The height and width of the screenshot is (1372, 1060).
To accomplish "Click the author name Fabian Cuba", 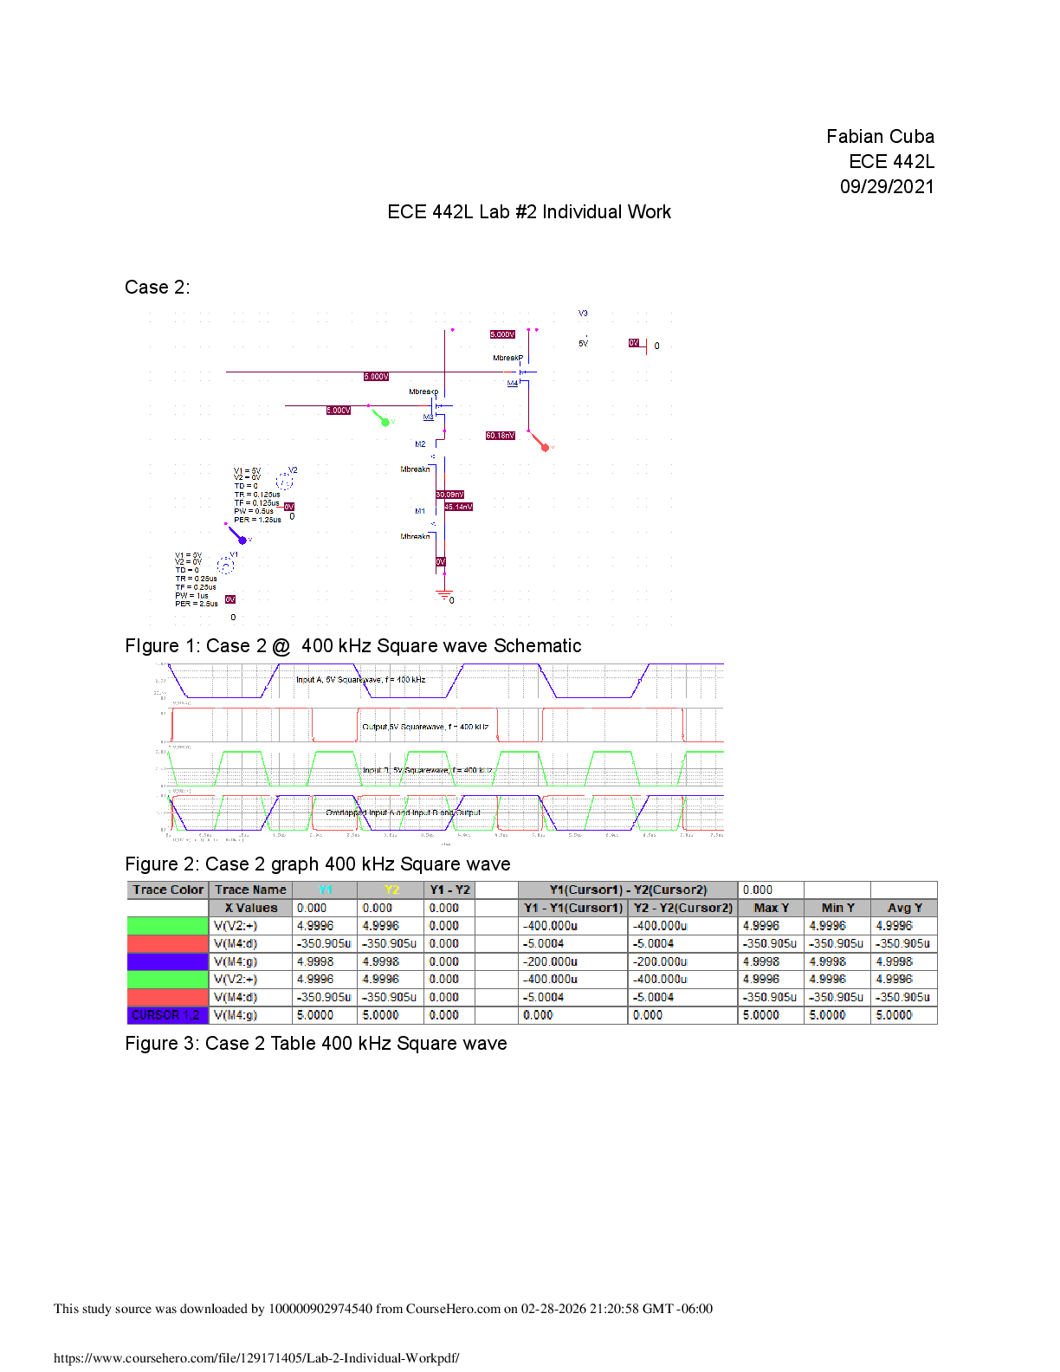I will point(880,137).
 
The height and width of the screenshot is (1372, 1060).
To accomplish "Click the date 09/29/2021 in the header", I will point(887,187).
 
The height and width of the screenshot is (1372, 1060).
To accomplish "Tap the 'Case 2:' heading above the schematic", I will point(157,288).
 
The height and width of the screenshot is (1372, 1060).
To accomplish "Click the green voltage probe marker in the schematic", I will point(384,421).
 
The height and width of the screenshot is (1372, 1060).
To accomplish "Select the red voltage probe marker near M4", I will point(543,446).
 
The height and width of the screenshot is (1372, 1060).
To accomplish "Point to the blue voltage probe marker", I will point(242,539).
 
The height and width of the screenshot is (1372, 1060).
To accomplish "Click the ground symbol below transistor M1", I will point(444,595).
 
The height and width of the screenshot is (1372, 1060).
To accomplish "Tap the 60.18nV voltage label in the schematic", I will point(501,436).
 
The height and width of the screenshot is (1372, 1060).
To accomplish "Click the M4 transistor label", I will point(513,383).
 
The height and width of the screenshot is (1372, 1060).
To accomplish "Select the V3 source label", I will point(583,314).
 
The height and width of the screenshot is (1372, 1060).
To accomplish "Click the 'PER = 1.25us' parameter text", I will point(257,520).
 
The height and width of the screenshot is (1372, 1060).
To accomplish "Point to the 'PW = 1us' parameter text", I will point(191,595).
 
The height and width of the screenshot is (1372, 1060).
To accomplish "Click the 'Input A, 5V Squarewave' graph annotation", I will point(360,680).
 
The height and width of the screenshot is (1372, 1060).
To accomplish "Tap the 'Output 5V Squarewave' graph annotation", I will point(424,727).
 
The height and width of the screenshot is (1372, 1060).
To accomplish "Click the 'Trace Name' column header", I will point(250,890).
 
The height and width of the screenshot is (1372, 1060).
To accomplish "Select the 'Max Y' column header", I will point(771,908).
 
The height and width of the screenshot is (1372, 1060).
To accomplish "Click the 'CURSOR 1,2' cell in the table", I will point(167,1015).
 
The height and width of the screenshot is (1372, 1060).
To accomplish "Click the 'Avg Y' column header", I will point(904,908).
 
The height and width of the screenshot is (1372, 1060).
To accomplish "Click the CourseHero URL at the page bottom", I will point(256,1358).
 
